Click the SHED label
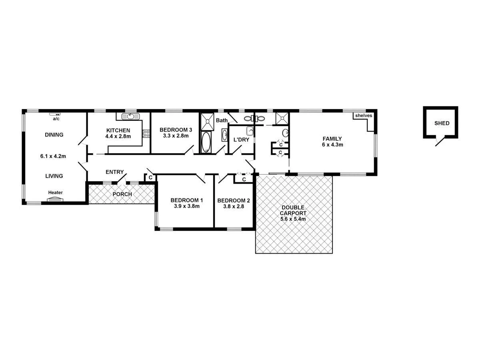click(442, 123)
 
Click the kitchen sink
click(131, 116)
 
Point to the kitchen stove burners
click(146, 133)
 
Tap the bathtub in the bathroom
click(206, 142)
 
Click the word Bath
click(222, 120)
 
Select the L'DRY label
click(241, 140)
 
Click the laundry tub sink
click(250, 131)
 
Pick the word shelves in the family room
click(363, 116)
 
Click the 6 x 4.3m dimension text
click(332, 145)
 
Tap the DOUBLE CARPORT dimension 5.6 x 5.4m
click(294, 219)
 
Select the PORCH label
click(122, 194)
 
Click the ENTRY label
click(114, 172)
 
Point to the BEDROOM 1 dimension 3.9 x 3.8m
click(186, 206)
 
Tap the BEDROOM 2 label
click(234, 200)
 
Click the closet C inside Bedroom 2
click(244, 179)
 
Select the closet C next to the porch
click(150, 177)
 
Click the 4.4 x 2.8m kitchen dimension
click(118, 136)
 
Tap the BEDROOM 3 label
click(176, 130)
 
